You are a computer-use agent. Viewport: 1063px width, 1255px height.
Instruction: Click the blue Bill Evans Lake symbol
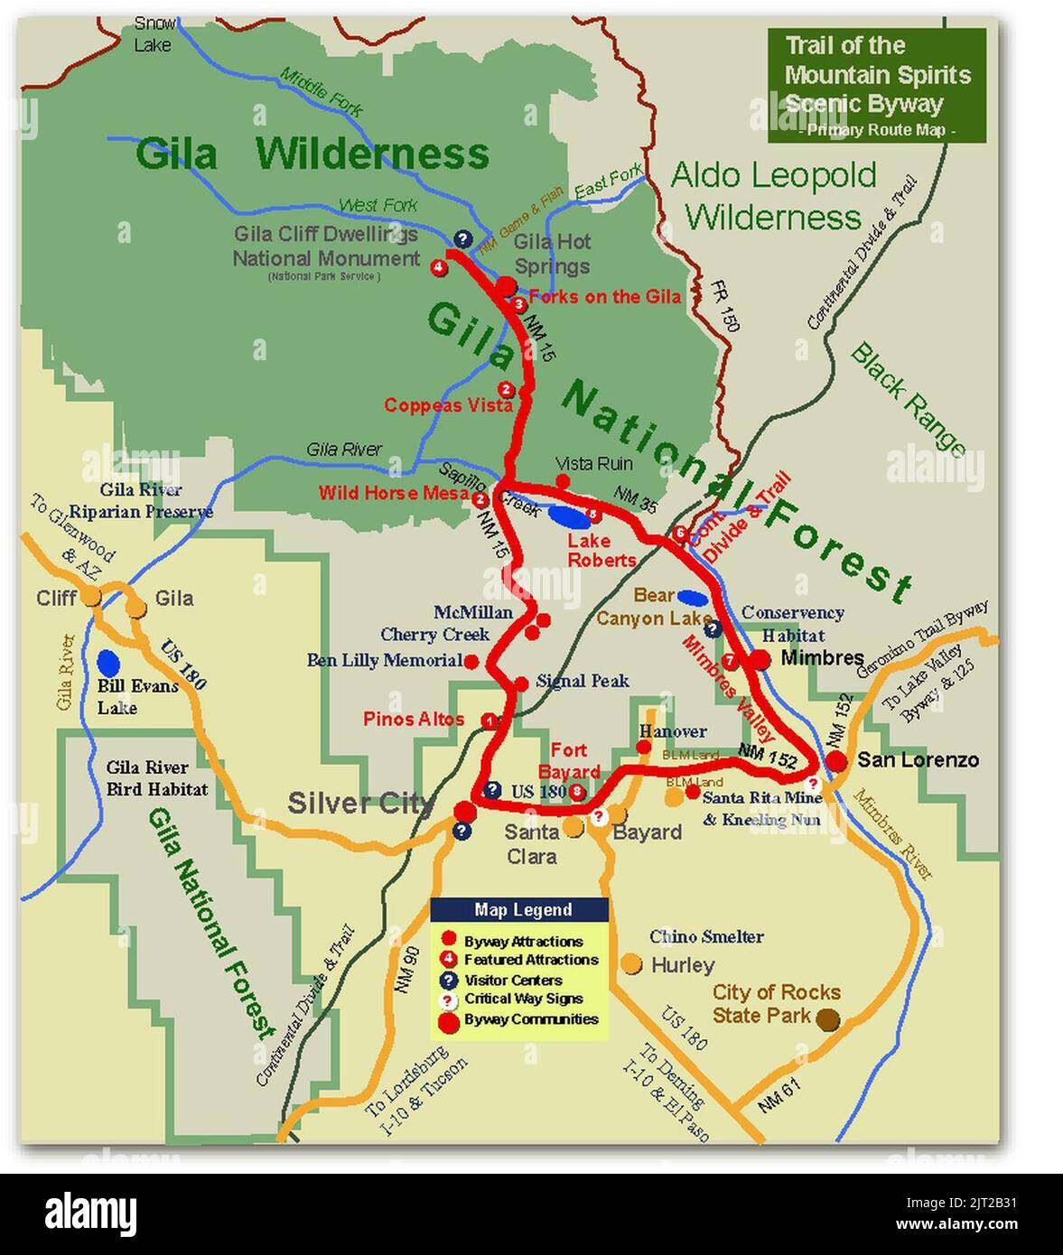[x=108, y=664]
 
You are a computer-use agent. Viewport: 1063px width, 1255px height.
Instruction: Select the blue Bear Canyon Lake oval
[x=692, y=597]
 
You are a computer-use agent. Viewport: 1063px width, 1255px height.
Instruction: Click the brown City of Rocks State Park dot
[x=827, y=1020]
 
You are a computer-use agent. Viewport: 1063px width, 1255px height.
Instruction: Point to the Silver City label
[x=359, y=803]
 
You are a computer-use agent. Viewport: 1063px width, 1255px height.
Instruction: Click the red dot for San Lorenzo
[x=836, y=761]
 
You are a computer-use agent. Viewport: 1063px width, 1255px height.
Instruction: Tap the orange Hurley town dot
[x=632, y=963]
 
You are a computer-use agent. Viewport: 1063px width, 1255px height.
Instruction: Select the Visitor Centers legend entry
[x=512, y=980]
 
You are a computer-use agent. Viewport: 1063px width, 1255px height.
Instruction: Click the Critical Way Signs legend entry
[x=522, y=999]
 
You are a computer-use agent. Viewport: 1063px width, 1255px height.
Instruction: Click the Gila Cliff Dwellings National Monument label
[x=326, y=246]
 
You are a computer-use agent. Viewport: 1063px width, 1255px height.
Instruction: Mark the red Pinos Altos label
[x=414, y=719]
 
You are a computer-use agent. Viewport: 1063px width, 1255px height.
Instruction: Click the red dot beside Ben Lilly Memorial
[x=471, y=662]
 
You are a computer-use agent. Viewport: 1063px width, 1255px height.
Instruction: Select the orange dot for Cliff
[x=91, y=596]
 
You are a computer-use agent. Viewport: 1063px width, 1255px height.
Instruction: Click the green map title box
[x=876, y=85]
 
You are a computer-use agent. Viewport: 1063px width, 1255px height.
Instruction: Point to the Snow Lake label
[x=154, y=33]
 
